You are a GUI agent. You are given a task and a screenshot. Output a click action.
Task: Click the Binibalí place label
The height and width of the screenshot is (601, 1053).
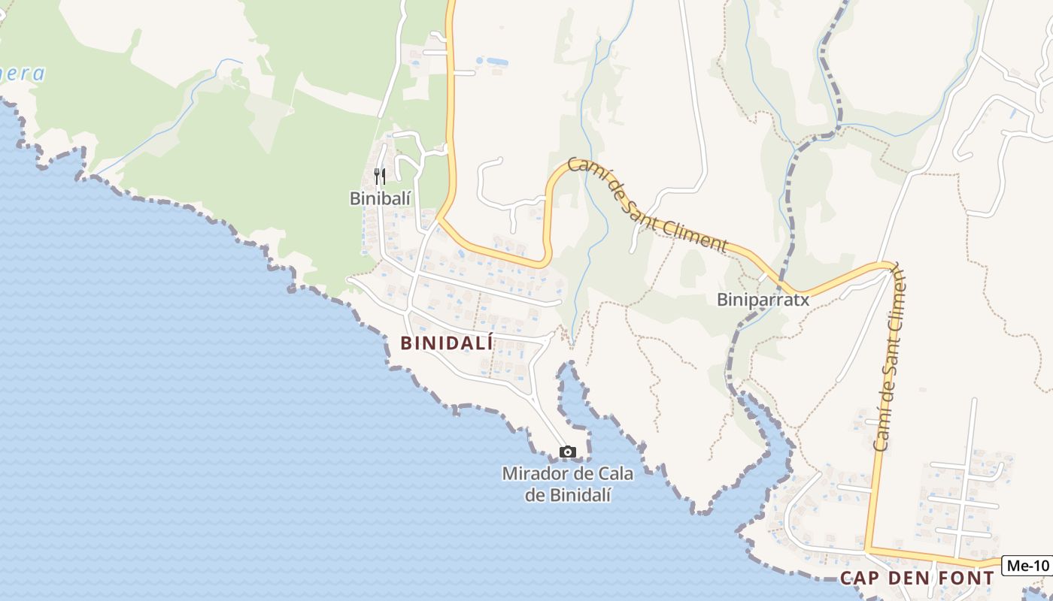[381, 198]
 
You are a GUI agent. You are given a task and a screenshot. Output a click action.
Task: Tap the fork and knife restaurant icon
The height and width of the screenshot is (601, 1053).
[380, 177]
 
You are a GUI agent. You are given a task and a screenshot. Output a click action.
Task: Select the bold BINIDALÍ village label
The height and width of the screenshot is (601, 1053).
[447, 343]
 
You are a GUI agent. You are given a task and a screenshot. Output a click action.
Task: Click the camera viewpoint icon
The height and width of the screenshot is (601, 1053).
[568, 452]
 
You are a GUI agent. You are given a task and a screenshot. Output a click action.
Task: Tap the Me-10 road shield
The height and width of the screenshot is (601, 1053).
[1027, 566]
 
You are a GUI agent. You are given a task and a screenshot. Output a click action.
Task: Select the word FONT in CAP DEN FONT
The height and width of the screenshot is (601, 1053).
[964, 578]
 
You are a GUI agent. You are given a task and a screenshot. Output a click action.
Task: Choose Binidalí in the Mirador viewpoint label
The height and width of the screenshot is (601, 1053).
[578, 494]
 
